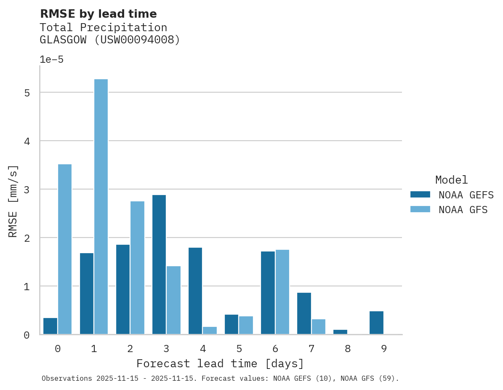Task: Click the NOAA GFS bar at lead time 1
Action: (x=101, y=206)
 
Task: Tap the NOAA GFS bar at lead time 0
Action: (x=65, y=249)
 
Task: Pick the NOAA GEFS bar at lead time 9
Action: (x=376, y=323)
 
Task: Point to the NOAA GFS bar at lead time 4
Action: (x=210, y=330)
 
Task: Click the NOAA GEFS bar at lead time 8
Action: (x=340, y=332)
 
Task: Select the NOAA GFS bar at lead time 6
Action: (x=282, y=292)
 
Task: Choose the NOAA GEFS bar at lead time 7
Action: (x=304, y=313)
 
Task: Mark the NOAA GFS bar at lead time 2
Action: (x=137, y=267)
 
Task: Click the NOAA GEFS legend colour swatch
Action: (x=420, y=195)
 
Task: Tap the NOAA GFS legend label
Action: (x=463, y=210)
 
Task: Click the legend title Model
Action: (x=451, y=180)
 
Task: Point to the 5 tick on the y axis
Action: (x=27, y=93)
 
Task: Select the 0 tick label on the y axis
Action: (x=27, y=335)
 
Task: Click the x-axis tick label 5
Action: (x=239, y=349)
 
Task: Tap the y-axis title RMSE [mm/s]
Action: (x=13, y=201)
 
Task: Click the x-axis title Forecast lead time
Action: (x=220, y=363)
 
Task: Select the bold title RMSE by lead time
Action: (x=98, y=14)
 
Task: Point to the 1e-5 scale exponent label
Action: (x=51, y=60)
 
